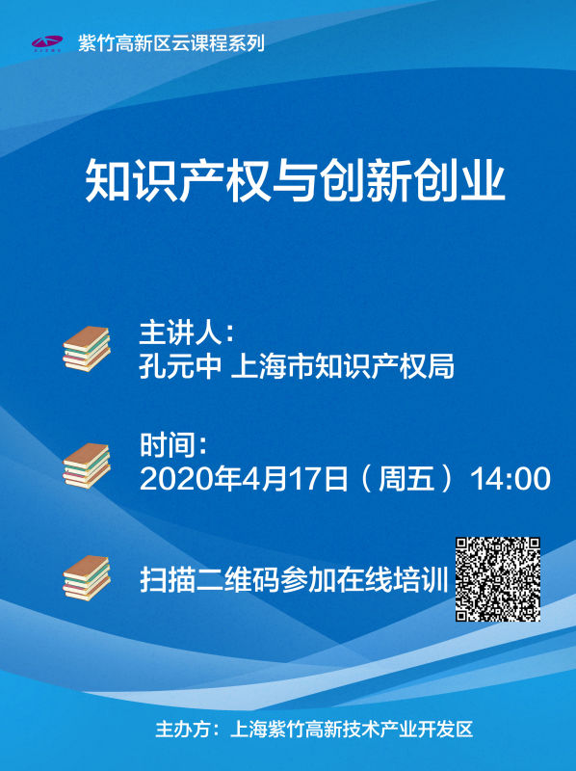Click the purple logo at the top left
46,42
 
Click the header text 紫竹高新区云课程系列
171,43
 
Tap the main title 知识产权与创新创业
295,179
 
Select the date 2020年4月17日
245,478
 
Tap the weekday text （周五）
406,478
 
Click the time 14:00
511,479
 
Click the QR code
498,580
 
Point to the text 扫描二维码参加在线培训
294,580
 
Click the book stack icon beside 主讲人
87,349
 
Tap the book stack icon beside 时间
87,465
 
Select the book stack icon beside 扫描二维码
87,577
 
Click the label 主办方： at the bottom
188,730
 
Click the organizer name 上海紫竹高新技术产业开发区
352,730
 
